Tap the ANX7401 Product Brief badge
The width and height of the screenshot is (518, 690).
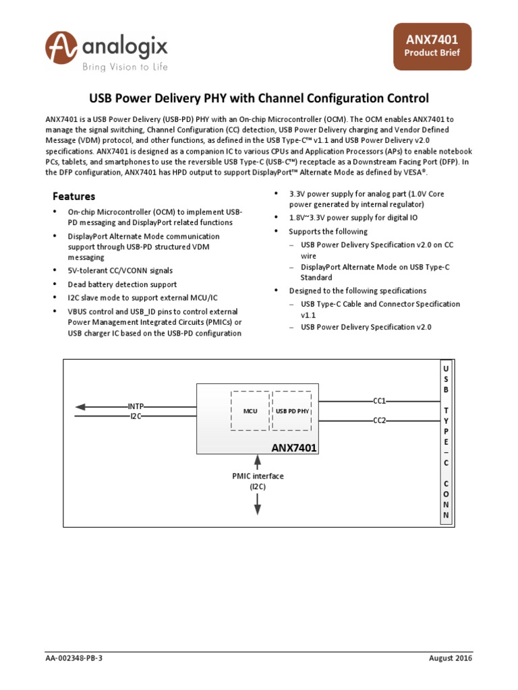[x=432, y=46]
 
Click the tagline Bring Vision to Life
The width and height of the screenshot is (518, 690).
[x=125, y=67]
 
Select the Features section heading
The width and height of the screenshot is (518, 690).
[x=74, y=196]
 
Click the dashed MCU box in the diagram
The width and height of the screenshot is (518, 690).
[x=250, y=410]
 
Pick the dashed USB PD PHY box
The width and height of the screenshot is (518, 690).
[x=292, y=410]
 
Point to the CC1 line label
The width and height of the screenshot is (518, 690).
[x=379, y=400]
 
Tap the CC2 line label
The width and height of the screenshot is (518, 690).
[x=379, y=420]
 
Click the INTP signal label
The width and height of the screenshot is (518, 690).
[x=136, y=406]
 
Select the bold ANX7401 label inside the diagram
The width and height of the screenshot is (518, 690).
[x=294, y=447]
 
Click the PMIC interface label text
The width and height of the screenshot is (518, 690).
[x=258, y=476]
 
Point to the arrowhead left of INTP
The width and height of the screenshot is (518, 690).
[x=80, y=406]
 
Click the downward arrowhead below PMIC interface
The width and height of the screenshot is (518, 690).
[x=258, y=511]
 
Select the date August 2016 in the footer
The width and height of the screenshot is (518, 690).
[x=450, y=658]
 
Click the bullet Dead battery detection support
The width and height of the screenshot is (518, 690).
[x=122, y=284]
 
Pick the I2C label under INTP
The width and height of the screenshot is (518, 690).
[x=136, y=416]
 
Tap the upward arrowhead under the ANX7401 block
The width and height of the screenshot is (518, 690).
[x=258, y=460]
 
